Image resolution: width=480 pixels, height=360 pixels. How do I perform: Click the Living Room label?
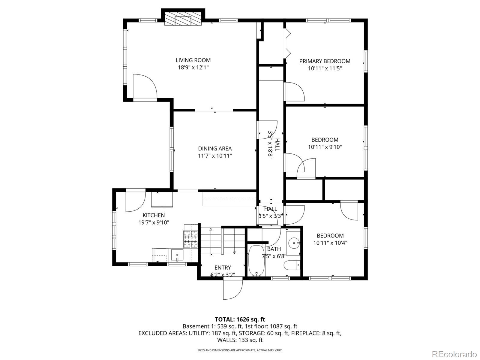(193, 60)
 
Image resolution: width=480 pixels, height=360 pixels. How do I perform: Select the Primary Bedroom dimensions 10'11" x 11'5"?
(325, 68)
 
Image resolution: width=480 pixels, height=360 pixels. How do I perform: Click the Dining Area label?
(215, 149)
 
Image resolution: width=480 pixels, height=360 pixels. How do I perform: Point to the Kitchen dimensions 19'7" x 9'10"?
(154, 222)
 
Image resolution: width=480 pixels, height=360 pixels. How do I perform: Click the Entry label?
(223, 268)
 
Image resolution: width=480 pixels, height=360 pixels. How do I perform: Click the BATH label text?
(274, 249)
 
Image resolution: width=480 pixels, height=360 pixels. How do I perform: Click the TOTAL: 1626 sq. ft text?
(240, 319)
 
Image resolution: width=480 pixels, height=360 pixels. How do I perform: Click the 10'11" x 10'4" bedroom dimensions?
(330, 243)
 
